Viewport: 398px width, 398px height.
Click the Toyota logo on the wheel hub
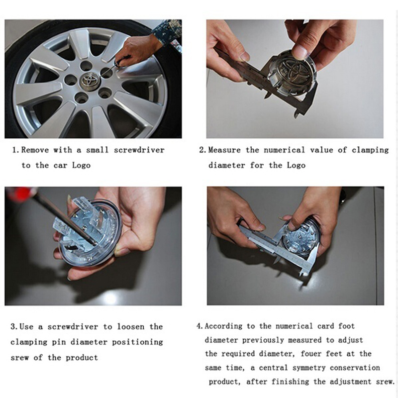(90, 80)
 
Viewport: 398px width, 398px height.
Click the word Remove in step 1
(35, 150)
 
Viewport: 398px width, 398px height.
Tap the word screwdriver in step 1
(139, 150)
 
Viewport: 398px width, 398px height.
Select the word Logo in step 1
(82, 166)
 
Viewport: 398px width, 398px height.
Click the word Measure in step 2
(224, 150)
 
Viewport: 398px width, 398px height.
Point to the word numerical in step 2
(284, 150)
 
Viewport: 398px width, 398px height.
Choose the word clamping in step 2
(370, 150)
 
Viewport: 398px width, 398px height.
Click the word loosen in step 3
(131, 326)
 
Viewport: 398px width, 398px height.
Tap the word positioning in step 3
(138, 342)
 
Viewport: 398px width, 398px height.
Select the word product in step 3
(82, 358)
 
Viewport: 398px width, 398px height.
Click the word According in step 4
(223, 326)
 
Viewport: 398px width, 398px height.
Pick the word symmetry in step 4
(309, 368)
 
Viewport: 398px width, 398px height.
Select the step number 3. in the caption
(14, 326)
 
